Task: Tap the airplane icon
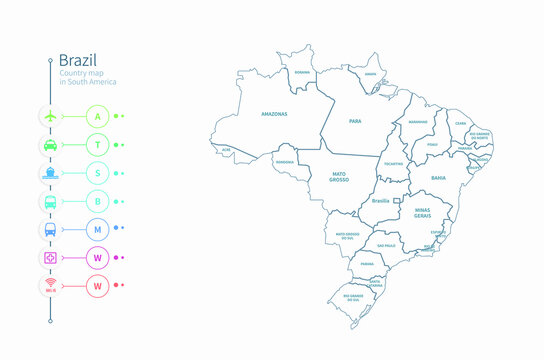51,116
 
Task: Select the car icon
51,144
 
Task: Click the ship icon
51,172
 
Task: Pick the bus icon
51,200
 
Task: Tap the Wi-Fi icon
51,285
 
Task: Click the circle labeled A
98,116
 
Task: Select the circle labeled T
98,144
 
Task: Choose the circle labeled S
98,172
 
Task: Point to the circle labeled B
98,200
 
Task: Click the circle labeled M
98,228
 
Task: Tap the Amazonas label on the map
273,114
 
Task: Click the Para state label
355,121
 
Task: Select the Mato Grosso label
339,177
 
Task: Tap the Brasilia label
380,201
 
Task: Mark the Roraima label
302,73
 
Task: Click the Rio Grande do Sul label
353,297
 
